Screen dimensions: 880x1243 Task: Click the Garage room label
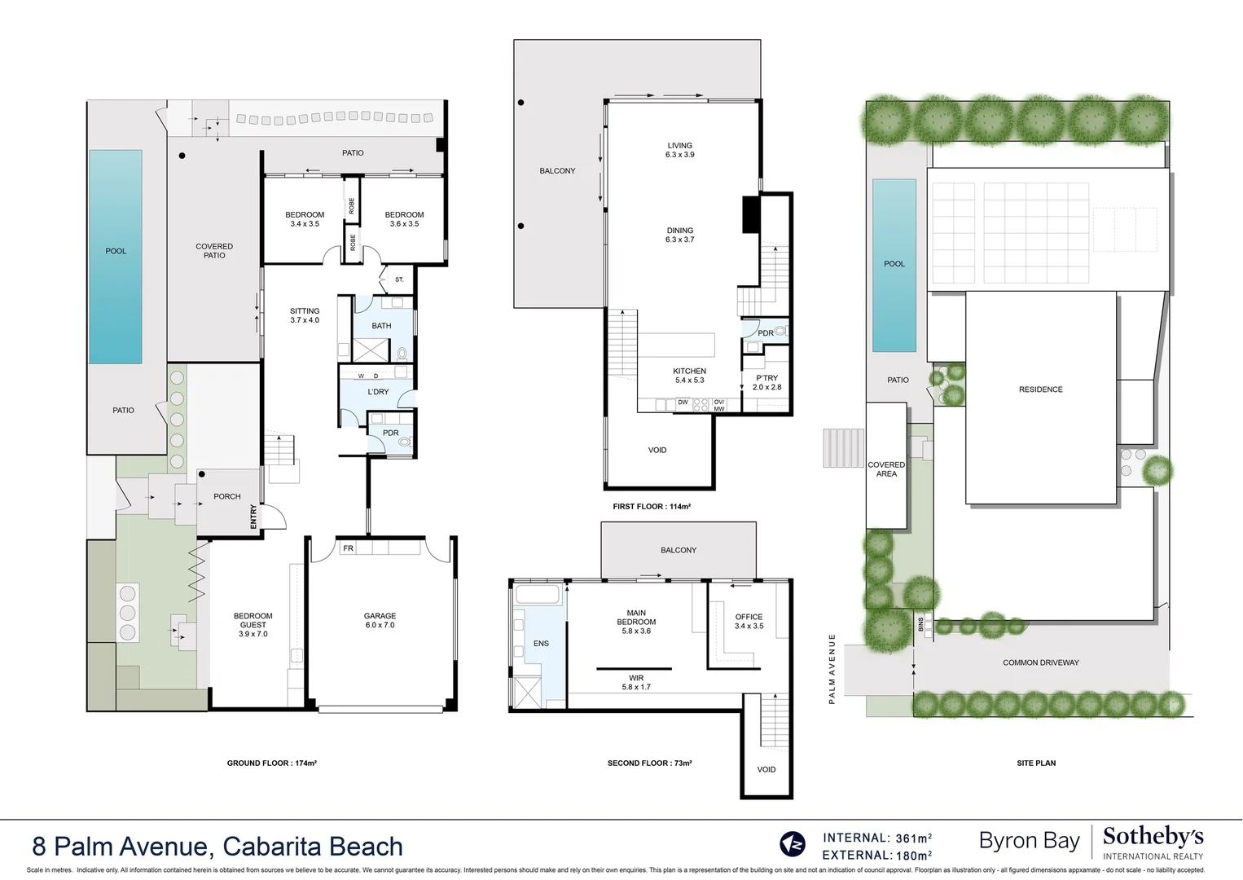380,621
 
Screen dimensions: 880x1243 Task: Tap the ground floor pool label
116,251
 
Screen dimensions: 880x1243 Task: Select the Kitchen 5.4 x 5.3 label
689,376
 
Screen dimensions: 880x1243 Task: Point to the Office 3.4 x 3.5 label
749,622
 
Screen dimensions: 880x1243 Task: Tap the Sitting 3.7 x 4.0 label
305,315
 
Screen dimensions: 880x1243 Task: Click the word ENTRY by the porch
253,516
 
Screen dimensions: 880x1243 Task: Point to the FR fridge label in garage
348,548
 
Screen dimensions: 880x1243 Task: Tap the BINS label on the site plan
920,624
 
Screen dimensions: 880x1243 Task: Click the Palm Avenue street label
832,669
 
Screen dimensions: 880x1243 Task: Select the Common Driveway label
1040,662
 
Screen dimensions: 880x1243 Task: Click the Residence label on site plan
1040,389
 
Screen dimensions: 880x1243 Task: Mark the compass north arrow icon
792,843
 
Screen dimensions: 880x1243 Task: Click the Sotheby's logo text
1153,837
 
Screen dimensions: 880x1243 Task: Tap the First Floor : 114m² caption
652,507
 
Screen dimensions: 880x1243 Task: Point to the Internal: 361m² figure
877,838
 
